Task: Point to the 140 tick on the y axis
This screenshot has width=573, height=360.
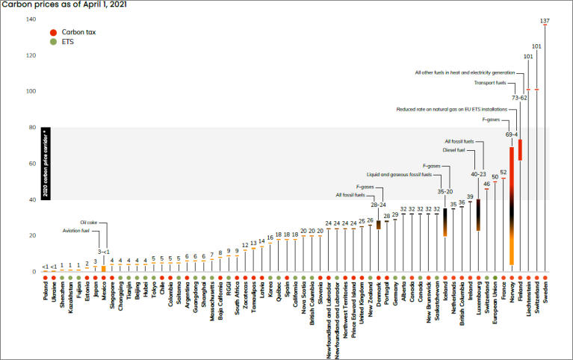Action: pyautogui.click(x=31, y=19)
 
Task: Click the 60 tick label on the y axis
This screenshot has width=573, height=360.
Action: pyautogui.click(x=32, y=163)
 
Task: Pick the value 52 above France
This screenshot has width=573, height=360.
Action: pyautogui.click(x=503, y=173)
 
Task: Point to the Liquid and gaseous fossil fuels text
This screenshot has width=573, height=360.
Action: pyautogui.click(x=404, y=174)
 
